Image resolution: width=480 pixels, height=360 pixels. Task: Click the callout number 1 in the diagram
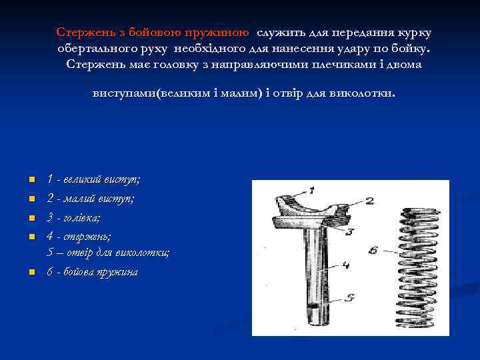coord(311,189)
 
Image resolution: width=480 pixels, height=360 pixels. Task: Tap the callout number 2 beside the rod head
coord(369,199)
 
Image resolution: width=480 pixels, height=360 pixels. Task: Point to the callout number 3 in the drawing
coord(349,231)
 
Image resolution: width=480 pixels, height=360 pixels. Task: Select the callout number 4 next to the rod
coord(345,265)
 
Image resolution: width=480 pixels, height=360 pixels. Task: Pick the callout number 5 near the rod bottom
coord(349,298)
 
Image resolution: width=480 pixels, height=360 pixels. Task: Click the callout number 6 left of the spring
coord(374,251)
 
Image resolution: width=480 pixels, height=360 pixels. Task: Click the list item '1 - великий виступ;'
coord(93,179)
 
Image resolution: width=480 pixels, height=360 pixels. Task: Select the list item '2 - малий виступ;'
coord(90,198)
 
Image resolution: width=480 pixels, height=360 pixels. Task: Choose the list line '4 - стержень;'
coord(79,236)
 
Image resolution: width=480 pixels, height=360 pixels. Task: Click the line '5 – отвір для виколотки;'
coord(108,253)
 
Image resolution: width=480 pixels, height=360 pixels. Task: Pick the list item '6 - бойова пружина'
coord(92,272)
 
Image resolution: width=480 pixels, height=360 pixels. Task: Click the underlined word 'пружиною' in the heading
coord(218,32)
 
